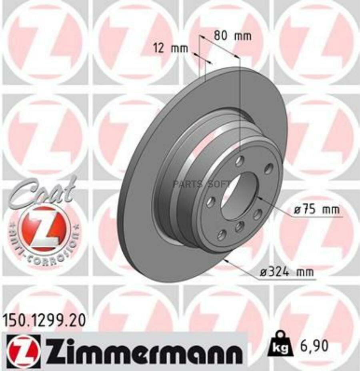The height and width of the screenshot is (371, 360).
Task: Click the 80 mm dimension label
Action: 232,36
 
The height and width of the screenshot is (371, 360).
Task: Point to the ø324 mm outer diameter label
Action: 284,273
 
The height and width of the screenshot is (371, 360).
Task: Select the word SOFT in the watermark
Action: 218,184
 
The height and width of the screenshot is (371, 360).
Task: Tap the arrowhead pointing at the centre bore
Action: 258,197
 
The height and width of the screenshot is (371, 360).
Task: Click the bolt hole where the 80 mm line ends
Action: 239,161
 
